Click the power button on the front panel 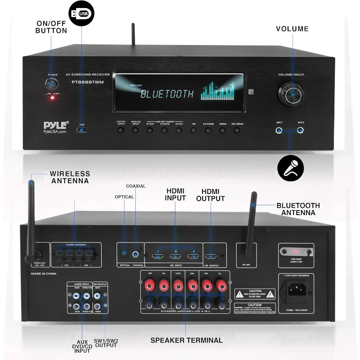coord(51,84)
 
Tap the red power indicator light coord(52,98)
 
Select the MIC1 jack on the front coord(279,131)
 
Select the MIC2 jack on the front coord(301,131)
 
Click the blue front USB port coord(82,130)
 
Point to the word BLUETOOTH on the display coord(167,94)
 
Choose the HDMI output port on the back coord(211,257)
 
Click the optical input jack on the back coord(124,254)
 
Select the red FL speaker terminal coord(220,285)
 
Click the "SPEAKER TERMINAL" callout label coord(186,340)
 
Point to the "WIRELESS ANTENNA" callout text coord(70,177)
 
